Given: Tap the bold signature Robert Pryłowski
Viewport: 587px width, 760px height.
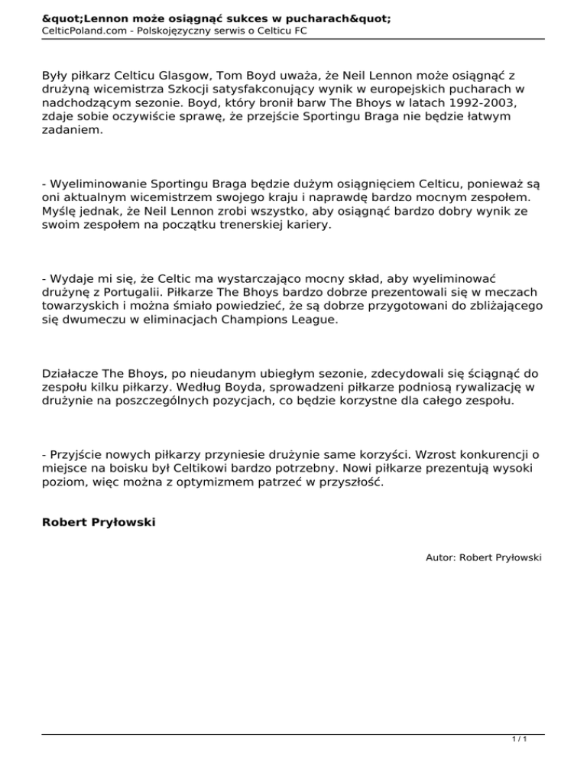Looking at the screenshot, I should pos(98,524).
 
